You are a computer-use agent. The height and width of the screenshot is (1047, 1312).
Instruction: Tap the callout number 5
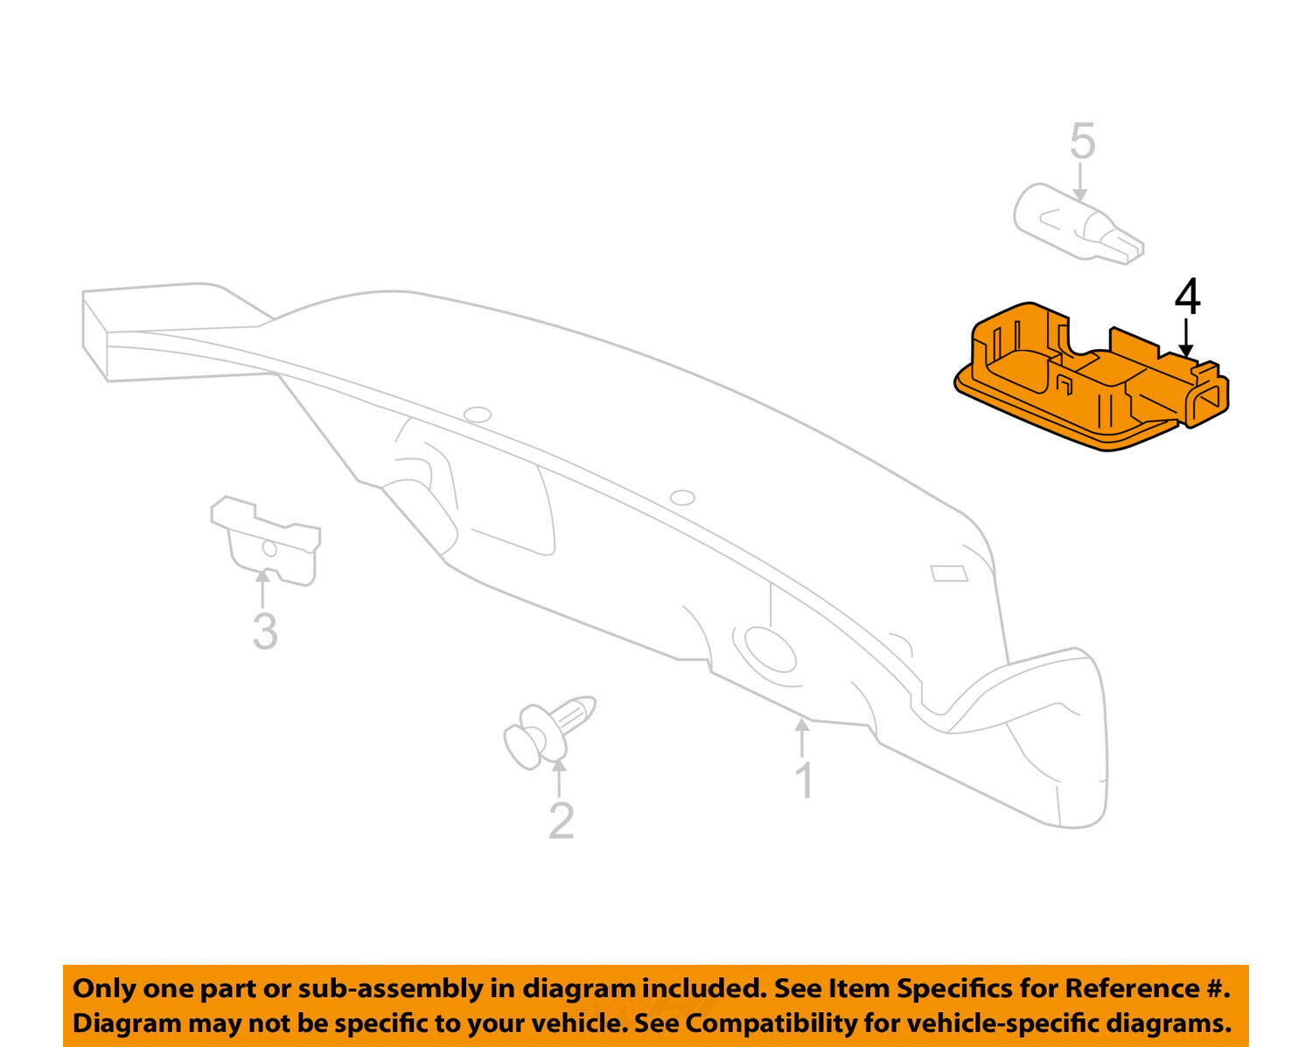[1083, 141]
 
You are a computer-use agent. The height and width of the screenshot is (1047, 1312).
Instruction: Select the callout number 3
[265, 632]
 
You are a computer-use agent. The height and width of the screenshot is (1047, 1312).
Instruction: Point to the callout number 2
[561, 820]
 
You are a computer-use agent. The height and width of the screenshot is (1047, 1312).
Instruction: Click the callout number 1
[806, 780]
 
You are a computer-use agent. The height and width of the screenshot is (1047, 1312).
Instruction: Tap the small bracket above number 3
[266, 540]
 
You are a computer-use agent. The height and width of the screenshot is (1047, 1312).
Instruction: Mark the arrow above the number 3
[262, 589]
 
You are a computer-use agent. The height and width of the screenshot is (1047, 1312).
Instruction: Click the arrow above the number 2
[558, 779]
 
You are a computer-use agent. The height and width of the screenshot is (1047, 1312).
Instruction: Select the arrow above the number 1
[802, 738]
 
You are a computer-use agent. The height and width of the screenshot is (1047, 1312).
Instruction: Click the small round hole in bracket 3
[269, 548]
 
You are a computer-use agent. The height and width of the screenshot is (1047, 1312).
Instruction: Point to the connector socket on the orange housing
[1204, 402]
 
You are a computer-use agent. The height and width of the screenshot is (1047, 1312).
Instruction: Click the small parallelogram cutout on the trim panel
[949, 573]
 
